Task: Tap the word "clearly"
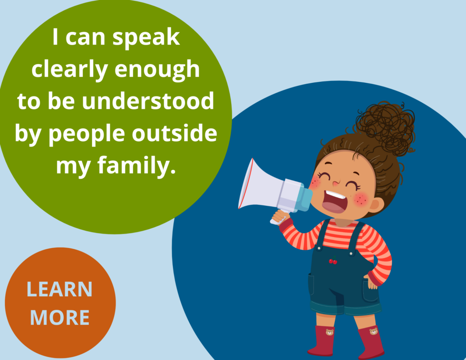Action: [69, 70]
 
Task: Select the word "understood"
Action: [148, 101]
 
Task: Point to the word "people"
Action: [86, 134]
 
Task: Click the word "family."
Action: [137, 166]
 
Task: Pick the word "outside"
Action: [174, 133]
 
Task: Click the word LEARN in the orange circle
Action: [60, 289]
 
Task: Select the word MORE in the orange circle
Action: [60, 318]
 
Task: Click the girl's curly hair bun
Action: [385, 128]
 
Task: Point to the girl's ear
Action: [375, 205]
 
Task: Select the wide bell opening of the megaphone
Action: [246, 184]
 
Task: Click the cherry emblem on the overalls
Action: [333, 260]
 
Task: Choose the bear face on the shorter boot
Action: [329, 332]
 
